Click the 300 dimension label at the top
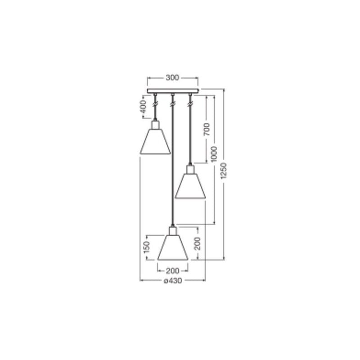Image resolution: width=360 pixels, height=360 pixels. click(172, 77)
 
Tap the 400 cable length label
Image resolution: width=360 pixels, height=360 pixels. click(143, 107)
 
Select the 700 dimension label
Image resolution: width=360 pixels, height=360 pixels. click(207, 129)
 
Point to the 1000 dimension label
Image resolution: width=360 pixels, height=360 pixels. click(214, 154)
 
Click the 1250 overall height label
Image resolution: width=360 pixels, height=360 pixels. click(223, 171)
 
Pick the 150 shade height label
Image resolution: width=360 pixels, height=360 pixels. click(147, 247)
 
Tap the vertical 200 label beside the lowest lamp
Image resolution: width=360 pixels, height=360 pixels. click(197, 243)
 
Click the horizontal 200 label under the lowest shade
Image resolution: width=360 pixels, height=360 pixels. click(172, 271)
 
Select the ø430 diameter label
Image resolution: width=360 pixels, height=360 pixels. click(173, 280)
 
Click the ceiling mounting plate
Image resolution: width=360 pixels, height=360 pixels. click(173, 91)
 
